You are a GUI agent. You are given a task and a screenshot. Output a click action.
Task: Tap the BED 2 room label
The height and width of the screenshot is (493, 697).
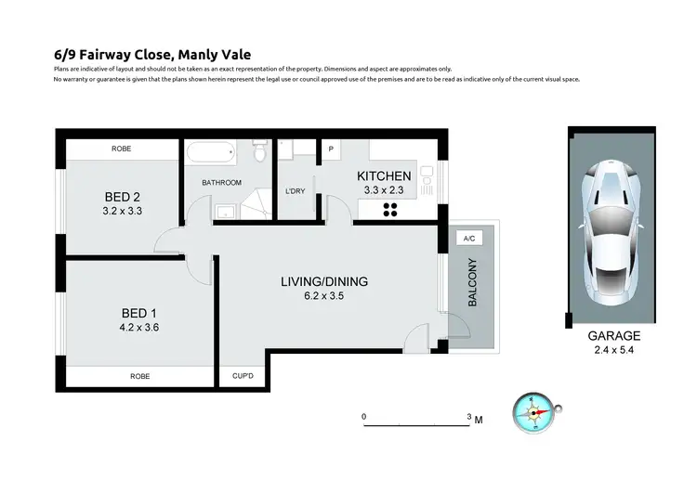[122, 197]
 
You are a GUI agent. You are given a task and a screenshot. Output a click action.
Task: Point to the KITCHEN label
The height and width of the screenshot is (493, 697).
[384, 176]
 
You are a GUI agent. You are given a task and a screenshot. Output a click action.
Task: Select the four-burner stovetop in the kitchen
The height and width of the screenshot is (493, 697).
[390, 210]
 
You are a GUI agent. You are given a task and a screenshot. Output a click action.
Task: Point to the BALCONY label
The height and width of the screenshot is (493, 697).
[472, 282]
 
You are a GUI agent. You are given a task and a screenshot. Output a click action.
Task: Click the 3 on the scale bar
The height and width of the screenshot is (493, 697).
[469, 417]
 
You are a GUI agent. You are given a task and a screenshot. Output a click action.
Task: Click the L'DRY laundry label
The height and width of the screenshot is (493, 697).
[295, 191]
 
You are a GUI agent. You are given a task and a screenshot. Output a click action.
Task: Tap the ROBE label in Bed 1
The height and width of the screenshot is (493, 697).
[139, 376]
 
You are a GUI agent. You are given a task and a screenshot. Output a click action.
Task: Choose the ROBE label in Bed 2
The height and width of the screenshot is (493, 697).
[121, 149]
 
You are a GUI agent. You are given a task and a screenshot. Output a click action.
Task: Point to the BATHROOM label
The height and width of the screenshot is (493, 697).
[222, 182]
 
